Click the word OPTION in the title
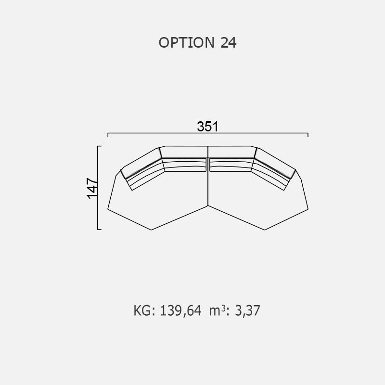(x=187, y=42)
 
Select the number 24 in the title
(x=228, y=42)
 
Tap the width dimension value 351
(x=207, y=127)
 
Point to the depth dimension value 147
(x=92, y=188)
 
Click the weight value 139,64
(x=181, y=310)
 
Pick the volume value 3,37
(x=247, y=310)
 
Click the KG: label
(x=144, y=310)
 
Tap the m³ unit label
(x=218, y=310)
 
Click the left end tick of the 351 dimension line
(x=108, y=135)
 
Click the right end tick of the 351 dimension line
(x=308, y=135)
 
